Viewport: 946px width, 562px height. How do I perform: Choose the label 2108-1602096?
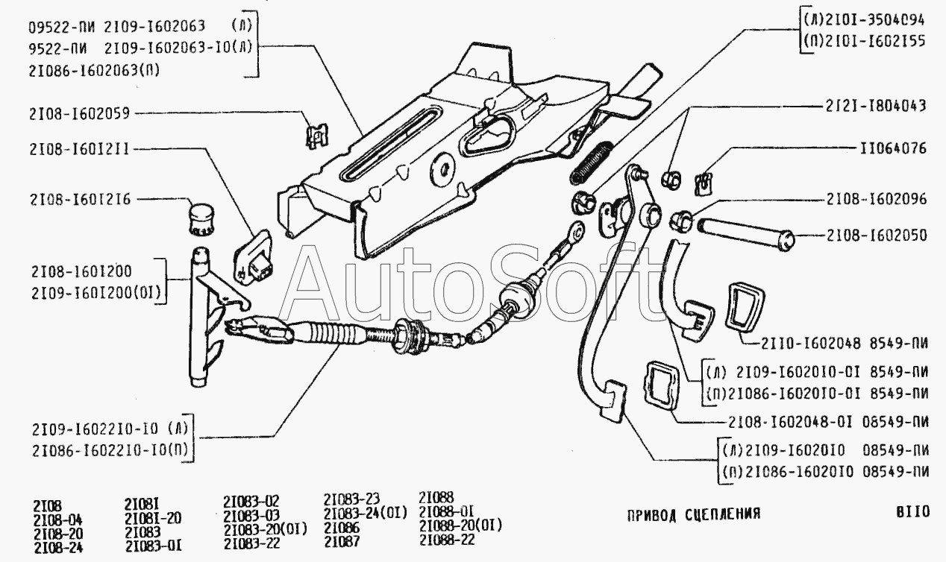click(876, 200)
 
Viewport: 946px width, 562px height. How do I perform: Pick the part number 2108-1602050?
click(876, 236)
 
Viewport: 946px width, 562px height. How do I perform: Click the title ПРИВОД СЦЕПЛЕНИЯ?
click(693, 514)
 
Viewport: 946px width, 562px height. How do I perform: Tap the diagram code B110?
click(912, 512)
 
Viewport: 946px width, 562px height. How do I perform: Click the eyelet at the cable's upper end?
click(575, 231)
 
